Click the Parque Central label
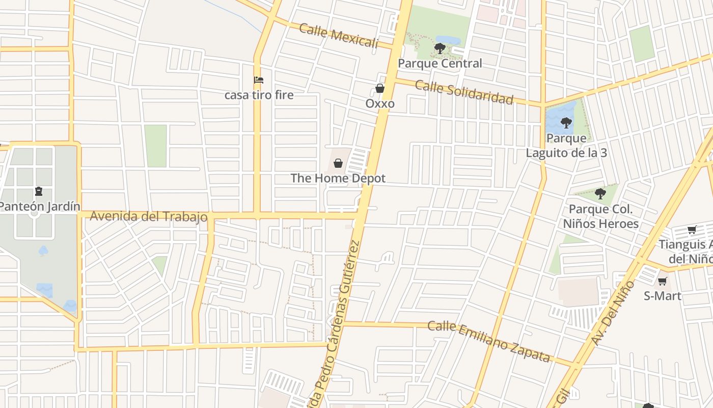pos(440,63)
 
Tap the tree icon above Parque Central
pos(440,48)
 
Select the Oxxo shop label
pos(380,104)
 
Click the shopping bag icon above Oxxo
pos(380,88)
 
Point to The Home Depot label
pos(338,178)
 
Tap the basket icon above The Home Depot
pos(338,163)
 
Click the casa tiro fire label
pos(259,95)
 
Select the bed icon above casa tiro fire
pos(259,80)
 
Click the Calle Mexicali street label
pos(339,35)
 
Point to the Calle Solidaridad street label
pos(464,92)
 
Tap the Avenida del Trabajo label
pos(149,216)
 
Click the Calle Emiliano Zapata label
pos(489,341)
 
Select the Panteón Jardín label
pos(40,206)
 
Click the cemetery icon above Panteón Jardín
pos(39,192)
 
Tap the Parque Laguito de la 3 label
pos(566,145)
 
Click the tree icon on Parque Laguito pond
pos(565,122)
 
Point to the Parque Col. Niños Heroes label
pos(600,216)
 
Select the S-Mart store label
pos(662,296)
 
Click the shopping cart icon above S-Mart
pos(662,281)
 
